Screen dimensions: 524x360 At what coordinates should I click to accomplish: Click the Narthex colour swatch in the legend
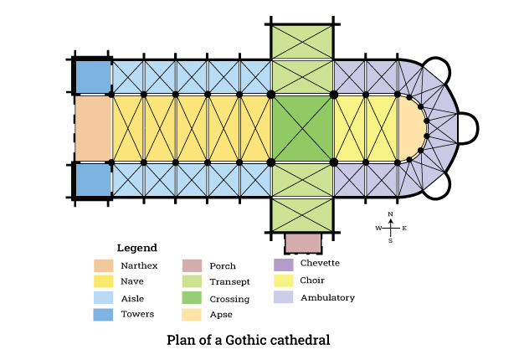(x=104, y=265)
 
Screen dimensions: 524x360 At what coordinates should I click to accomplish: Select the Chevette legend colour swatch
(x=284, y=265)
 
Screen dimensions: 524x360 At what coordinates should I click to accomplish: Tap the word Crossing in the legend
(x=229, y=299)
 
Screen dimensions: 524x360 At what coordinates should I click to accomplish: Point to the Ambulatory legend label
(x=327, y=297)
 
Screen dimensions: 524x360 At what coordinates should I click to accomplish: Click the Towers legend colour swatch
(x=103, y=315)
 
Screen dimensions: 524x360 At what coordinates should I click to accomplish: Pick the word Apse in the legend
(x=221, y=315)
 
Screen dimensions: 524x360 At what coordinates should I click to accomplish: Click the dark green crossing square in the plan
(x=302, y=128)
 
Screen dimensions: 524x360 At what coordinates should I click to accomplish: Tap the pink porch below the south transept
(x=303, y=243)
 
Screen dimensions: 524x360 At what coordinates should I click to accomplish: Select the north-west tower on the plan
(x=93, y=76)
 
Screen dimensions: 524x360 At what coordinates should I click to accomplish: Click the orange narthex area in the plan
(x=93, y=128)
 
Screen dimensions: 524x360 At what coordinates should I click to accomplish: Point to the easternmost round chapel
(x=468, y=128)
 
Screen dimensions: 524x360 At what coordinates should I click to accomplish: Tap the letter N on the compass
(x=390, y=214)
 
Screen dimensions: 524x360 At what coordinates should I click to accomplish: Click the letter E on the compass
(x=404, y=229)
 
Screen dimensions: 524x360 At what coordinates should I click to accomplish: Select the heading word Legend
(x=137, y=248)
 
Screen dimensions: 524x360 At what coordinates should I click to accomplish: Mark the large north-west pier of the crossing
(x=271, y=95)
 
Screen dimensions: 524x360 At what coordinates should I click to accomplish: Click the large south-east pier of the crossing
(x=333, y=162)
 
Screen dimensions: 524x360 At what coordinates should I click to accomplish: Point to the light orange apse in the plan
(x=411, y=128)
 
